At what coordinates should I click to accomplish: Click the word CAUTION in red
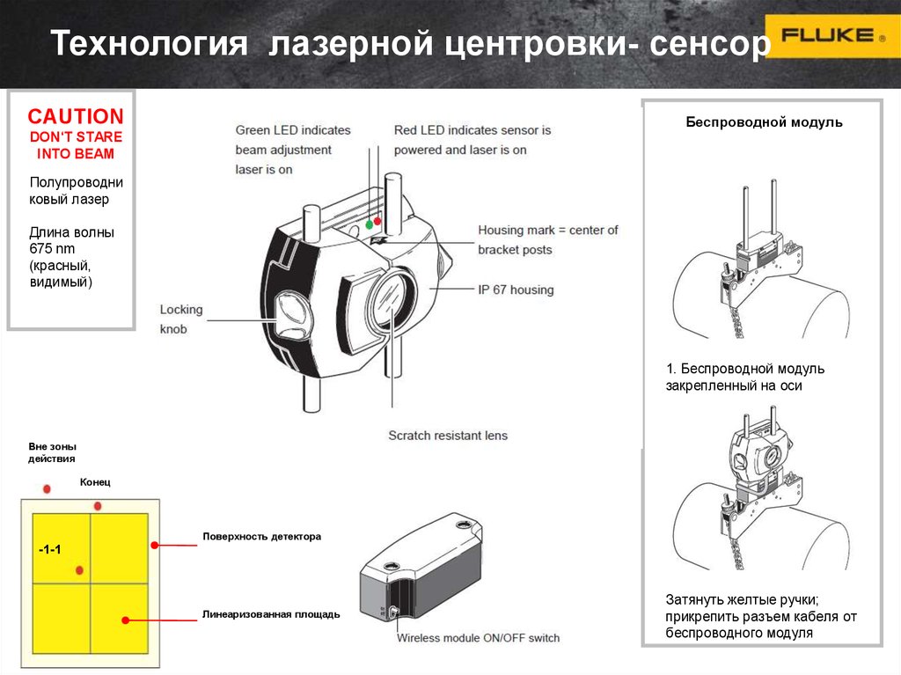75,117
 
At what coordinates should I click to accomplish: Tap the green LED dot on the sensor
369,225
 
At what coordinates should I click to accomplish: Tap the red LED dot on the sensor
378,220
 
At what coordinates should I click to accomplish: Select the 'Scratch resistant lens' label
448,435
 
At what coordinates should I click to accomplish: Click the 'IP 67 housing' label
516,289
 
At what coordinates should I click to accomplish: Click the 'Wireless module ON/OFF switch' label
478,637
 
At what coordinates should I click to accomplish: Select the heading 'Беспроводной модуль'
764,122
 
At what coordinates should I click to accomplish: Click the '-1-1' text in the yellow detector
49,550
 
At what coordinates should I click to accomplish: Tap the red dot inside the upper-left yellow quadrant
79,570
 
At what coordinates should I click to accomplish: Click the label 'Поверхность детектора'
262,536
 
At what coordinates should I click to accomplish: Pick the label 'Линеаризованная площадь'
270,613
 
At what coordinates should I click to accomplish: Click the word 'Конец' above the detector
95,482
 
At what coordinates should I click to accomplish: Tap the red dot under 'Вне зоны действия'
48,488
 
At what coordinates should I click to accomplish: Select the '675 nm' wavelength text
54,249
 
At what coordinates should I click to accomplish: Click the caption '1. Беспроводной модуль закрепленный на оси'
744,377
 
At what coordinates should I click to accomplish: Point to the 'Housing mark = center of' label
547,230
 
